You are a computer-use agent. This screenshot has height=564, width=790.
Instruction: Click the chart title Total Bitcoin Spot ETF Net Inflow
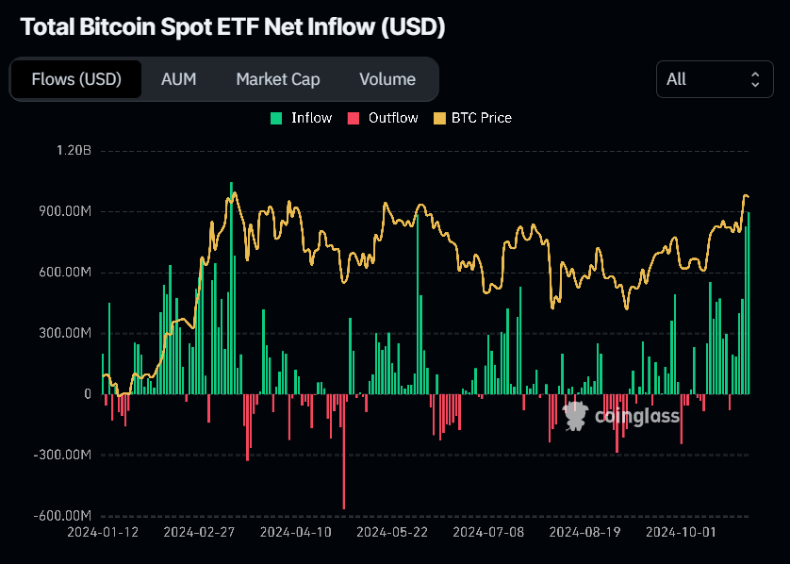(232, 27)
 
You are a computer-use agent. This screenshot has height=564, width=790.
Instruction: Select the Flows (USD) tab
(76, 79)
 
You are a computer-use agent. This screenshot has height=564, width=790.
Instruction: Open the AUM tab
(178, 79)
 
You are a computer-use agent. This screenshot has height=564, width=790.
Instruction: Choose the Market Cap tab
(277, 79)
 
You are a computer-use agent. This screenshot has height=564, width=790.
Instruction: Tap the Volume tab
(387, 79)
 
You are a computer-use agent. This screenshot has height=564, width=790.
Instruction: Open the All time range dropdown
(714, 79)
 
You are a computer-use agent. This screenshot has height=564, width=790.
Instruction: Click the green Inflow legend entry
(302, 118)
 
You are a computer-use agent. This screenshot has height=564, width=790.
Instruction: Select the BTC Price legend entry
(472, 118)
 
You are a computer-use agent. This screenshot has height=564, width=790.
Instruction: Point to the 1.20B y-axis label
(73, 151)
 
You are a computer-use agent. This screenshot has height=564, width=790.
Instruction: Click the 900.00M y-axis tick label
(63, 211)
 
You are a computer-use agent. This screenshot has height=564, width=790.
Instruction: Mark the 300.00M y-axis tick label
(63, 333)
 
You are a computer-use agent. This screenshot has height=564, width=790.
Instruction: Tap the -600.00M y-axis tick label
(61, 516)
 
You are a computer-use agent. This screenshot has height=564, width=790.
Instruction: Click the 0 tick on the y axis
(87, 394)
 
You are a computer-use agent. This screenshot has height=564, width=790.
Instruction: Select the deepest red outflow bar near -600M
(343, 453)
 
